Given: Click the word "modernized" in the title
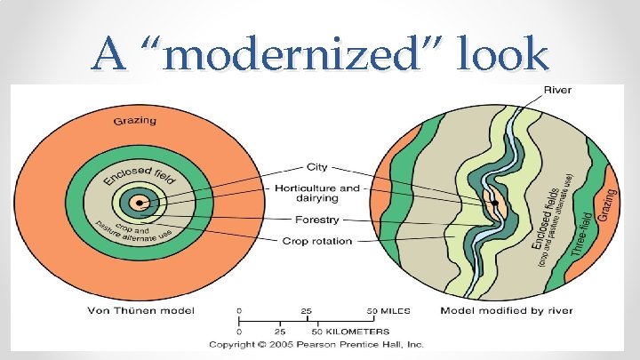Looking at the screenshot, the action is [x=310, y=54].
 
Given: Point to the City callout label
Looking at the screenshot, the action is [x=317, y=166].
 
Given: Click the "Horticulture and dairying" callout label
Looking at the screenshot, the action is [x=317, y=194].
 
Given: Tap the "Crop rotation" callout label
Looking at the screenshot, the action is [x=317, y=241].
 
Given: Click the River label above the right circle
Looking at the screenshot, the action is [x=557, y=90].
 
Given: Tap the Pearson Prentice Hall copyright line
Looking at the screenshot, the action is [x=316, y=344].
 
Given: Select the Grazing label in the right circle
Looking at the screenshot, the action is [x=609, y=205].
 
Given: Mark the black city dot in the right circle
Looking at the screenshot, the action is [x=494, y=204].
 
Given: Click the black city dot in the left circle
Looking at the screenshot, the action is [x=137, y=204].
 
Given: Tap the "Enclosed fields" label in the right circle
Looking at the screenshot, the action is [x=548, y=213].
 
